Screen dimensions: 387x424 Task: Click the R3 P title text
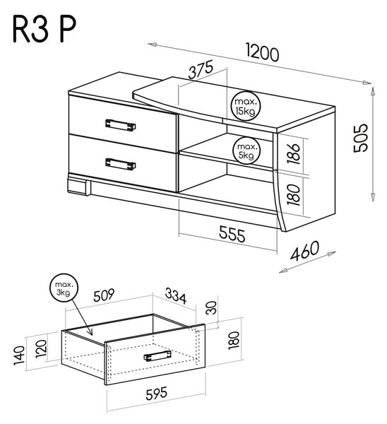click(44, 30)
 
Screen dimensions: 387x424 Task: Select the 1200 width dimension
click(263, 53)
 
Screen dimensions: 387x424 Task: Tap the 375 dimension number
click(201, 69)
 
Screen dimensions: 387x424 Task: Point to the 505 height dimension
click(361, 138)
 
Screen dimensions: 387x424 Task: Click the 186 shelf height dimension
click(294, 154)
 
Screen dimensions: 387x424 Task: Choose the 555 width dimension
click(232, 234)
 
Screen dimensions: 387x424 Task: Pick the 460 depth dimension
click(304, 251)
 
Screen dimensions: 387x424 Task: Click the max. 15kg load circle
click(245, 106)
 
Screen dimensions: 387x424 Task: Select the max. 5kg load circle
click(246, 151)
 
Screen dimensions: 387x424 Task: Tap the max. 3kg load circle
click(64, 288)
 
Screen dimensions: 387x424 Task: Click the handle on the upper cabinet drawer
click(121, 124)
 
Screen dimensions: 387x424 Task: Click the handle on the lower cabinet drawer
click(121, 164)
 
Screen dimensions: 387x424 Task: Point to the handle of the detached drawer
click(157, 355)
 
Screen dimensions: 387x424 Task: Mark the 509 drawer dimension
click(104, 295)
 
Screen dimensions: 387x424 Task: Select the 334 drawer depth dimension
click(176, 296)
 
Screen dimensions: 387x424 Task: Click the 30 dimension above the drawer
click(211, 307)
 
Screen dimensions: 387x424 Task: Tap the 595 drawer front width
click(157, 393)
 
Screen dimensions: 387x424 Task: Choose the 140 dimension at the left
click(20, 355)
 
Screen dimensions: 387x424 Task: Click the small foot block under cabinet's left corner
click(79, 185)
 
